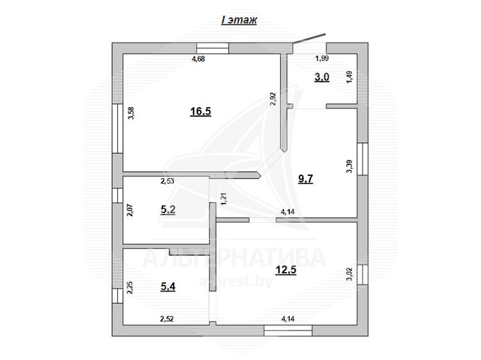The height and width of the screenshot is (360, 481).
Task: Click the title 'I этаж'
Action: point(239,21)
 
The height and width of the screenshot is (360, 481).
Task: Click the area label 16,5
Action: point(201,112)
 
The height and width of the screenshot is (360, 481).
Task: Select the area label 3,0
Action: point(322,78)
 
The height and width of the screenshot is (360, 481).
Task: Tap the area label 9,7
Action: point(305,178)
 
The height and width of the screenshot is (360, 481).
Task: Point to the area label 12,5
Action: point(286,270)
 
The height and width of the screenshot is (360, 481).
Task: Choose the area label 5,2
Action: point(168,210)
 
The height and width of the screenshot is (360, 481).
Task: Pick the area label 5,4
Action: point(168,287)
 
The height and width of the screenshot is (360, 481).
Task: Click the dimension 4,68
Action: point(198,58)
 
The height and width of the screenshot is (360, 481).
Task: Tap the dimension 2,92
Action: point(273,99)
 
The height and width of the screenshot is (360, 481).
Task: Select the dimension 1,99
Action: point(322,58)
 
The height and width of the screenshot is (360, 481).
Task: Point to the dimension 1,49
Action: point(350,78)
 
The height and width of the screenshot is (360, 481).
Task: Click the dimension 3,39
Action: point(350,167)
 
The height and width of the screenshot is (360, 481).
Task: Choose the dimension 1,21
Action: point(224,199)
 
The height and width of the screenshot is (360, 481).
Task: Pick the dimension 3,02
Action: point(350,274)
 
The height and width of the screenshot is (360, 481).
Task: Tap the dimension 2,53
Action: point(167,181)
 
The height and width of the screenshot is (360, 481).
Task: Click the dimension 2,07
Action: point(130,210)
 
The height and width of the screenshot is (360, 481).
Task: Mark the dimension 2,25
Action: point(130,288)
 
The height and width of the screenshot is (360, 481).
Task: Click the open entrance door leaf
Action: point(309,39)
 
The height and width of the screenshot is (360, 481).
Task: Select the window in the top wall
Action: point(212,48)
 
